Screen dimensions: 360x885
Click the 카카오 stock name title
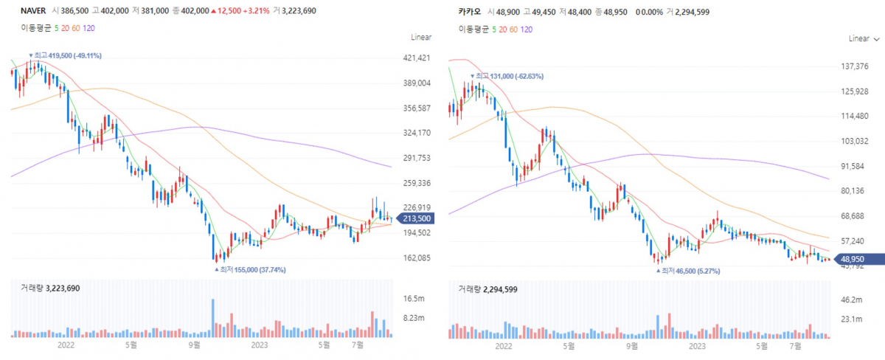[x=468, y=12]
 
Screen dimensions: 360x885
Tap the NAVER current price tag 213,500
[x=414, y=218]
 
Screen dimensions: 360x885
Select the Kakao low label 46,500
[x=688, y=271]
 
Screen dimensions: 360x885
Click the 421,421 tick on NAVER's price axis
[x=414, y=58]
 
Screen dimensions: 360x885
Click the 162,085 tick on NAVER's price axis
[x=414, y=258]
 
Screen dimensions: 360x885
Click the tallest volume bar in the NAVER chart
[x=212, y=318]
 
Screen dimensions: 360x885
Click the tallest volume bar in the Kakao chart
[x=656, y=325]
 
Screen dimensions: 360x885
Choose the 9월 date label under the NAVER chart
[x=195, y=345]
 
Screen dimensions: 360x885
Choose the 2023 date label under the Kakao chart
[x=697, y=345]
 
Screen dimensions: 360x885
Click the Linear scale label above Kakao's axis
[x=858, y=38]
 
